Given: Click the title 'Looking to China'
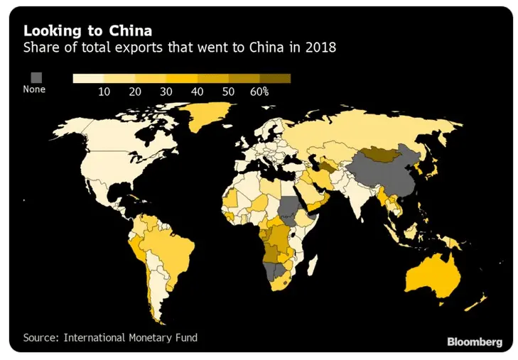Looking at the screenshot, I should (87, 31).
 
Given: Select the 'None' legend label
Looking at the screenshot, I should (34, 90).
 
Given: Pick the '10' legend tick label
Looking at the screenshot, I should (104, 92).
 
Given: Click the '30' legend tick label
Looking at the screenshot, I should (166, 92).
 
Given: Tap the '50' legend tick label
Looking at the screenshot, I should (228, 92).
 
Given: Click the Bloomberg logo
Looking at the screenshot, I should (475, 341).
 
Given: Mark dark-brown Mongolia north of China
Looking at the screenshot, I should (386, 153).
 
